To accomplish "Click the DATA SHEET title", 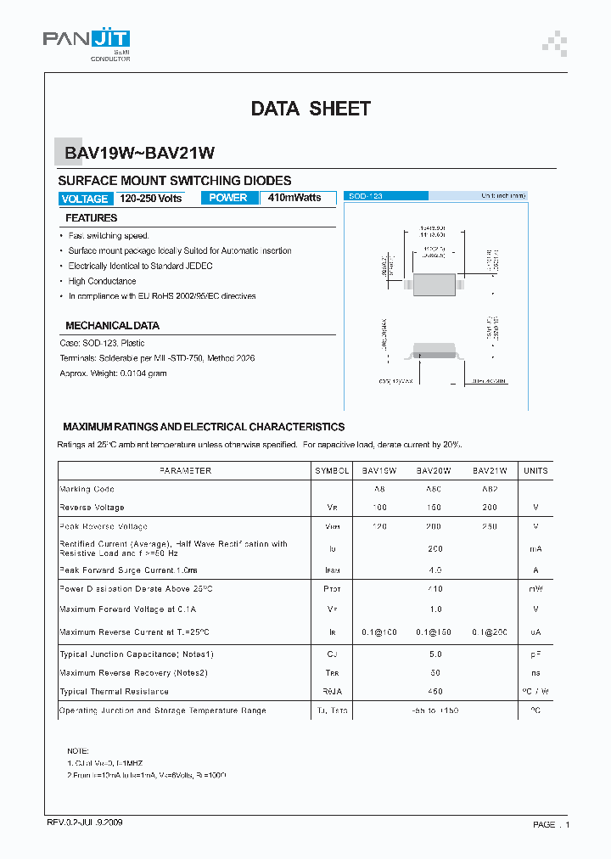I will (x=311, y=109).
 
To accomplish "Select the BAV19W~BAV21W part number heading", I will (x=140, y=154).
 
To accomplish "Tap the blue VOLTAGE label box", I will (x=85, y=199).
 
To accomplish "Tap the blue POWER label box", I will (x=228, y=198).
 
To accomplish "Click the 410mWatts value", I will (x=294, y=198).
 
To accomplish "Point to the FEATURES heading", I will (x=92, y=218).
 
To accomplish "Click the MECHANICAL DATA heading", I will (x=112, y=325).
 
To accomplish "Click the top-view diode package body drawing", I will (x=434, y=283).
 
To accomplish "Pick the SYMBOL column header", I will (x=332, y=470).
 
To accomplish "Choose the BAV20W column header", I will (x=433, y=470).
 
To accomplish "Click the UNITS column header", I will (x=535, y=470).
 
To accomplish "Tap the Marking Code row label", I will (x=87, y=489).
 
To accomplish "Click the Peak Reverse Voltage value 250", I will (x=489, y=526).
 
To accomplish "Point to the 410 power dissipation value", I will (x=435, y=588).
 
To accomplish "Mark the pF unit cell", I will (x=535, y=654).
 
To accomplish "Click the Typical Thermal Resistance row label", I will (x=114, y=692).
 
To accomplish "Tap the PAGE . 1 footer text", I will (x=551, y=824).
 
